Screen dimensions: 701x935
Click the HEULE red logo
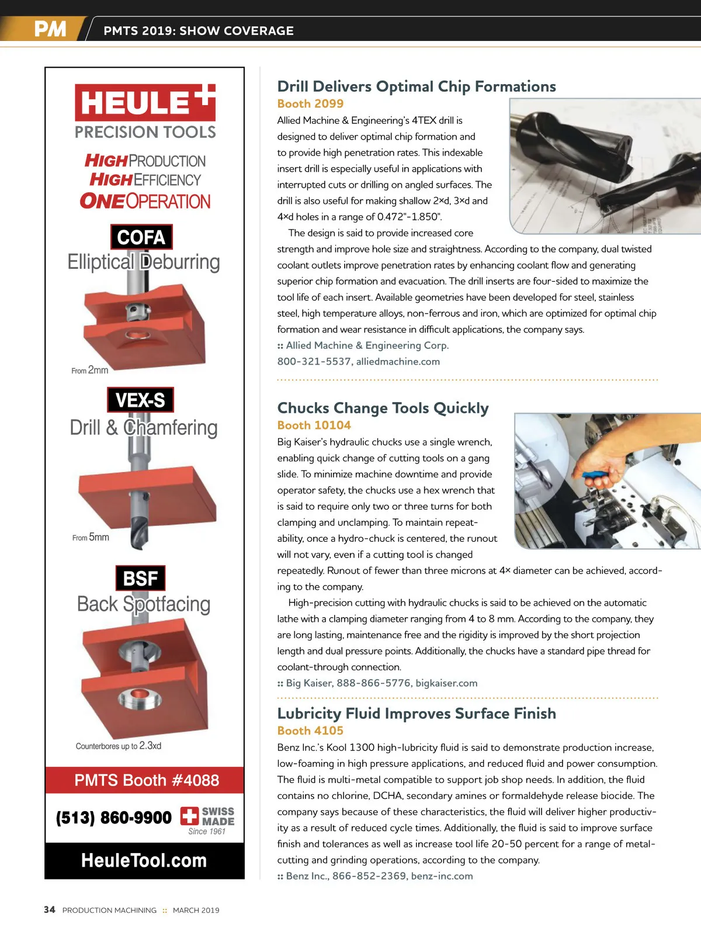(145, 102)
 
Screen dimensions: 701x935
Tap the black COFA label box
(141, 237)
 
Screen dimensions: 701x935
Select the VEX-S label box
(140, 400)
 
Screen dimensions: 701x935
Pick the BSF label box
(140, 578)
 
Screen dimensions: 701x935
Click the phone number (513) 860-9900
(114, 818)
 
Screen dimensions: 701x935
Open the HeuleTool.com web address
(144, 860)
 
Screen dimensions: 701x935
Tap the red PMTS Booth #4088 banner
(145, 780)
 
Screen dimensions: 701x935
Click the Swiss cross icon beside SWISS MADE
(189, 816)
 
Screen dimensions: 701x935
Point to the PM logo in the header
(50, 29)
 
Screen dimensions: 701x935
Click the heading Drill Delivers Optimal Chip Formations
(417, 86)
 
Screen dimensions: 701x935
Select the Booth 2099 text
(310, 103)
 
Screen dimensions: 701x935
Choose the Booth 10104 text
(314, 425)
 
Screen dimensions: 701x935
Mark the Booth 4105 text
(310, 730)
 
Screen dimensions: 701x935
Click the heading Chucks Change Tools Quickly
(383, 408)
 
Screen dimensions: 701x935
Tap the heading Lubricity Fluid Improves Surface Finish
(417, 714)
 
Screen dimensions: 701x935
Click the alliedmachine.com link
(398, 362)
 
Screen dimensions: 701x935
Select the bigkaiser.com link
(446, 683)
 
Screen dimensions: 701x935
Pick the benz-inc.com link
(442, 876)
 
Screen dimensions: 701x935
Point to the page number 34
(50, 910)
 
